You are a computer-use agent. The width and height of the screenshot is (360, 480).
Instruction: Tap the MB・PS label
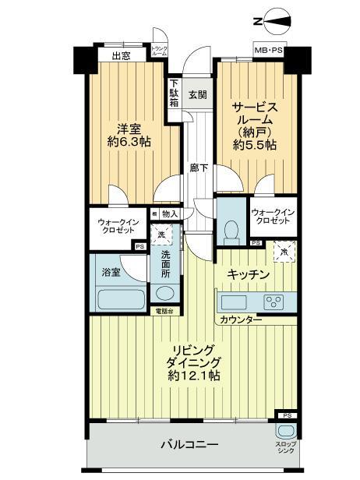[x=267, y=52]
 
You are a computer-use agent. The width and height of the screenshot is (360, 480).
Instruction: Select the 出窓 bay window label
[x=121, y=55]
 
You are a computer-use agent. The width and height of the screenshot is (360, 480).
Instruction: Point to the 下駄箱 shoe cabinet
[x=175, y=94]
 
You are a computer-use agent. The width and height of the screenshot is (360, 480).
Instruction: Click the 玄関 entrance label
[x=198, y=95]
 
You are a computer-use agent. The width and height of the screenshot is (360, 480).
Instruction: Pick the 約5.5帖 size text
[x=256, y=143]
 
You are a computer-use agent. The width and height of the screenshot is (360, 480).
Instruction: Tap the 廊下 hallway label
[x=198, y=168]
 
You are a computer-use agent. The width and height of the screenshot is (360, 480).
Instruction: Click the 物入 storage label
[x=170, y=214]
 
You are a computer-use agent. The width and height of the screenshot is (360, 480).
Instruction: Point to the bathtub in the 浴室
[x=118, y=299]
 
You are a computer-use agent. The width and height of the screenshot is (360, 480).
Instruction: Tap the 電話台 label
[x=164, y=311]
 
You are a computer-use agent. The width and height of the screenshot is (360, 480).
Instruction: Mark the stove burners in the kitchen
[x=274, y=302]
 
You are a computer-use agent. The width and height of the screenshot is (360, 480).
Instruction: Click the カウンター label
[x=240, y=320]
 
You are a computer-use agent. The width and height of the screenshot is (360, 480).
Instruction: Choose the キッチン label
[x=248, y=274]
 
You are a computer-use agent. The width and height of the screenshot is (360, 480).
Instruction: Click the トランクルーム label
[x=159, y=51]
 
